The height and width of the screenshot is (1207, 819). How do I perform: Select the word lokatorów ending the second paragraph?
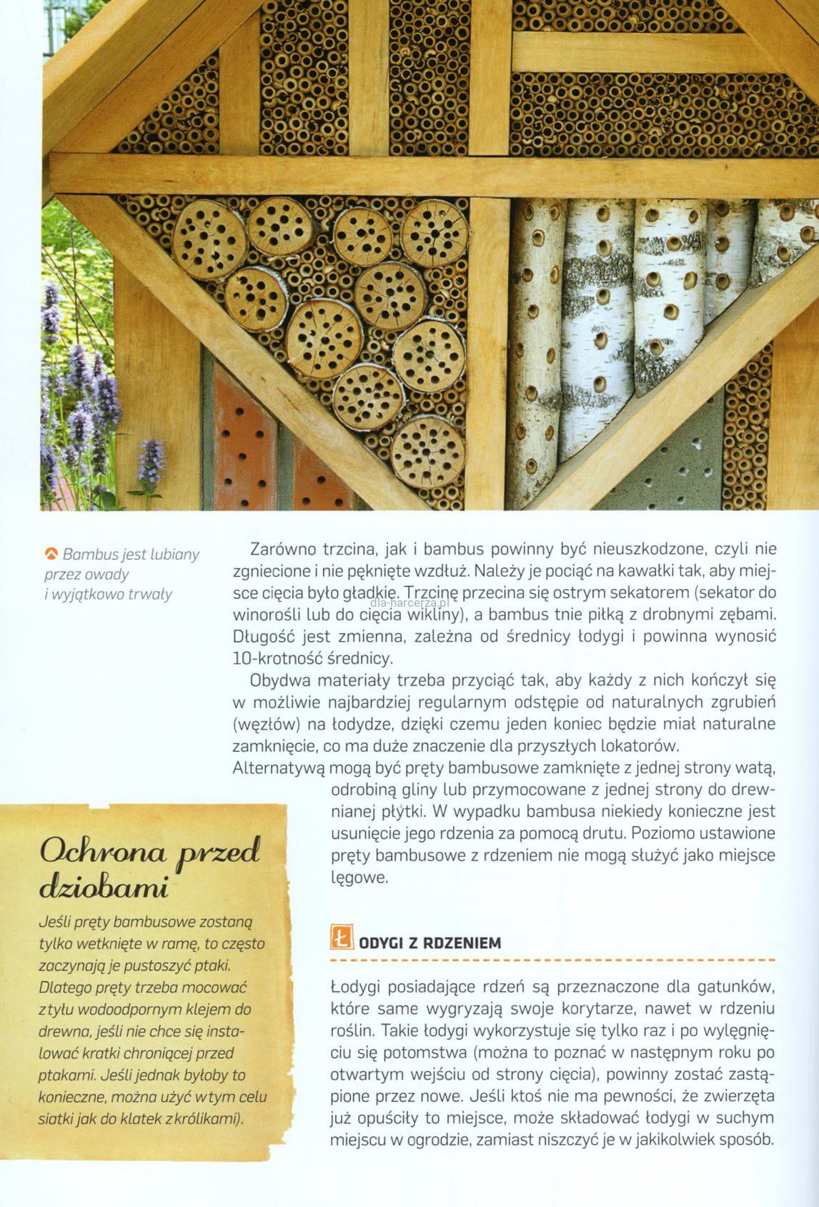[x=635, y=746]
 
